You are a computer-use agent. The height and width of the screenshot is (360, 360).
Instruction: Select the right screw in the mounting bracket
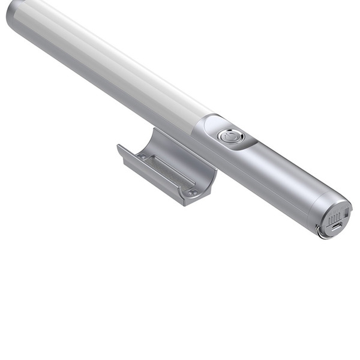pyautogui.click(x=193, y=193)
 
